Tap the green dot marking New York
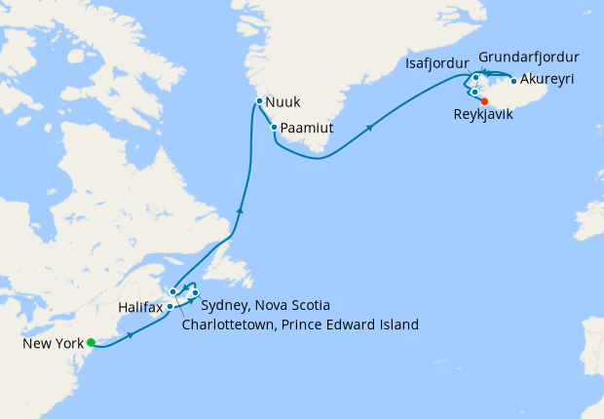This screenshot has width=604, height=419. (91, 342)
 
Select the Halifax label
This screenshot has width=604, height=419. (139, 307)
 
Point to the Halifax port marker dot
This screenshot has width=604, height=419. (170, 306)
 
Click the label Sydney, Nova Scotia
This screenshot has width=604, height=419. (266, 305)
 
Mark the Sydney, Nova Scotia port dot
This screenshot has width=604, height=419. (196, 293)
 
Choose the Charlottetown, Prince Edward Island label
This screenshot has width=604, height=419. (300, 324)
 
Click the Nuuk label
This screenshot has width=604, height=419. (283, 101)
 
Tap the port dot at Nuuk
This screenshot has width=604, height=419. (259, 100)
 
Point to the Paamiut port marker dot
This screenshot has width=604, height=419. (276, 128)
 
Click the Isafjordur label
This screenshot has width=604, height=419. (437, 64)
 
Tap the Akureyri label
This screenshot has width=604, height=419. (547, 81)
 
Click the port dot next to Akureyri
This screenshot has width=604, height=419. (513, 81)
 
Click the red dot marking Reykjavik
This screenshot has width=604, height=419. (484, 99)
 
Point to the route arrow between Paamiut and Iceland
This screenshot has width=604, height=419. (369, 128)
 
